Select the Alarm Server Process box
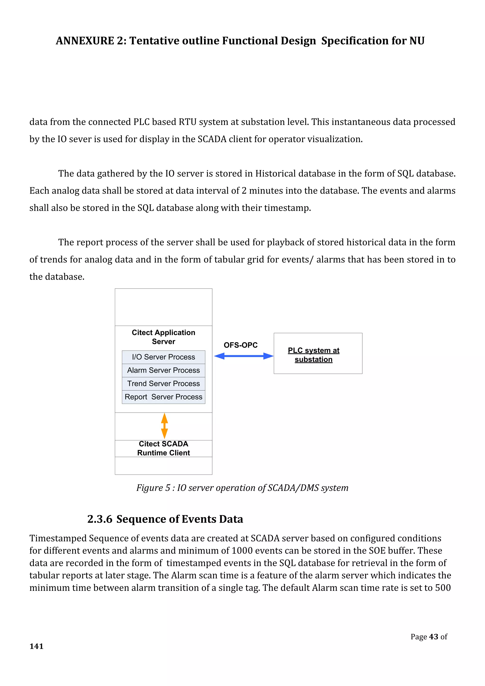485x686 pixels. coord(163,370)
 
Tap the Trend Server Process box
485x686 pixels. coord(163,384)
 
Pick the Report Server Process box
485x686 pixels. coord(163,397)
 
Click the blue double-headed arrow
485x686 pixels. coord(244,356)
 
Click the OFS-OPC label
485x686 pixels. coord(240,345)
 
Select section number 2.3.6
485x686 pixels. coord(99,519)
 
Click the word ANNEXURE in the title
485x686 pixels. coord(85,41)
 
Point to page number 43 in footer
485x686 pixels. coord(433,637)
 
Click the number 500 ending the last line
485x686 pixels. coord(443,588)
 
